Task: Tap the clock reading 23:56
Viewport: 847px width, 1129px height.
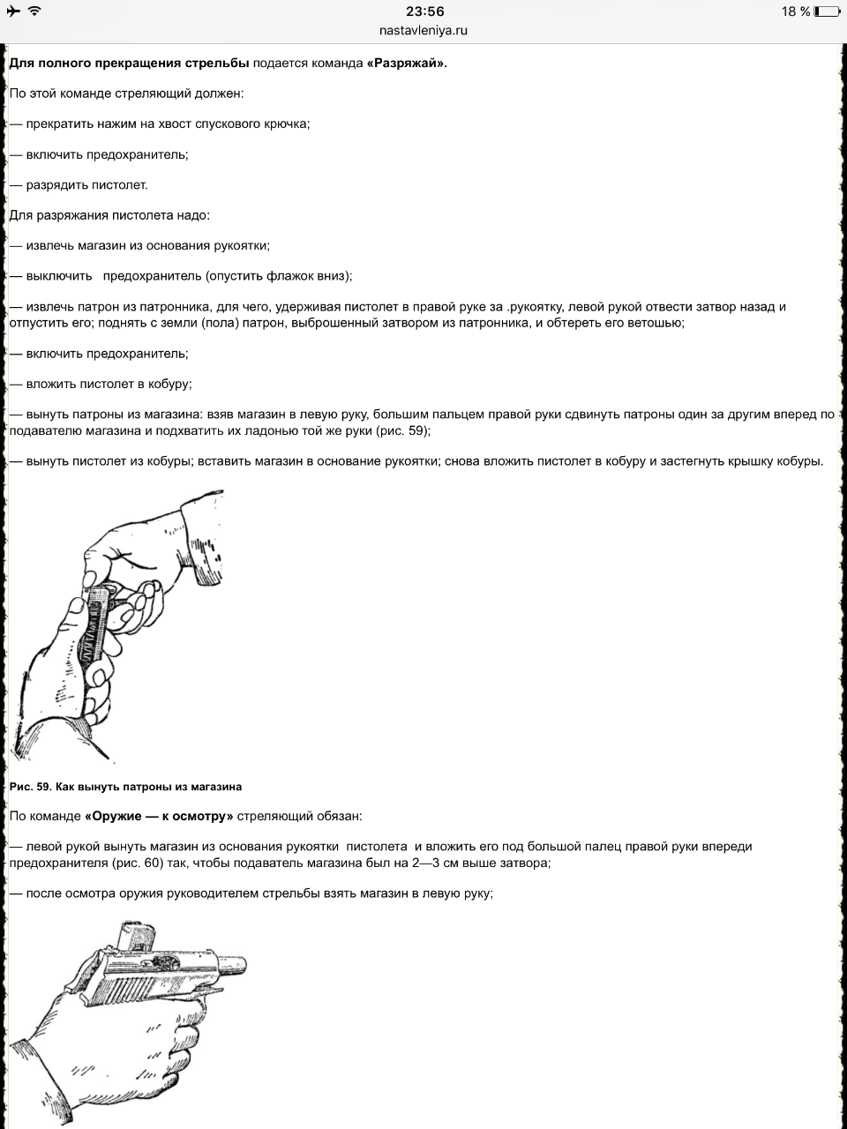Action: coord(424,11)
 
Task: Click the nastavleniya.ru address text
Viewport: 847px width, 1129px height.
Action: coord(424,30)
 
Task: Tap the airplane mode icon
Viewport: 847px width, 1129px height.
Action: coord(12,11)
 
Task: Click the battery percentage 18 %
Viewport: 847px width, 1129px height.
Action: coord(794,11)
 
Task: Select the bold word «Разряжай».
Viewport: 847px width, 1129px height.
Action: coord(407,64)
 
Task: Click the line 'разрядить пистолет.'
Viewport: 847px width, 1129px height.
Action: coord(86,185)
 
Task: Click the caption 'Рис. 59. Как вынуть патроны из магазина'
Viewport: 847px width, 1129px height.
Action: coord(125,786)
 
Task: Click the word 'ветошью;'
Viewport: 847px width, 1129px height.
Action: coord(656,323)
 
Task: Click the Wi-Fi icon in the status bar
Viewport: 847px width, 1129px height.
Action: coord(34,11)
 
